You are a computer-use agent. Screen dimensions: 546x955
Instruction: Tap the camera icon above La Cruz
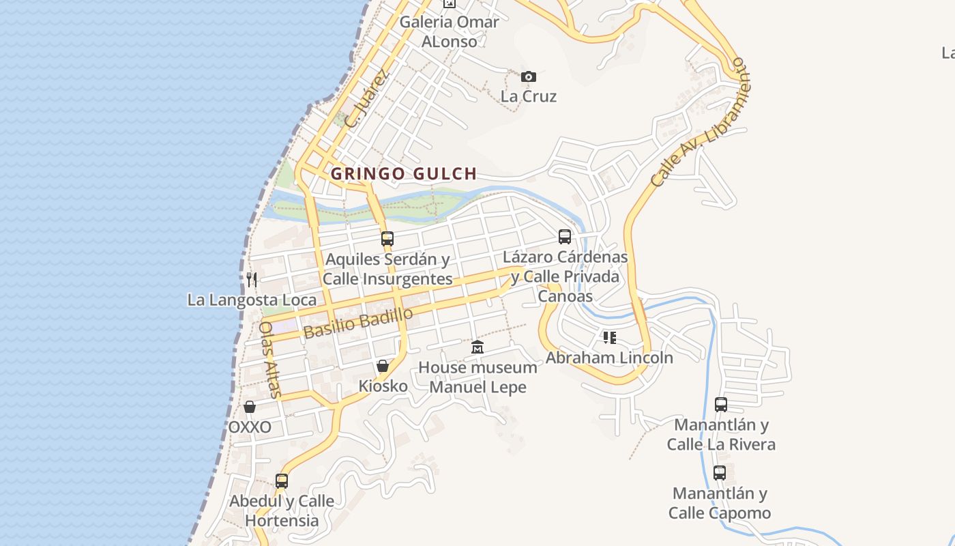click(x=529, y=76)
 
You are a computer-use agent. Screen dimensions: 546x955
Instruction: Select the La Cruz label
click(x=529, y=96)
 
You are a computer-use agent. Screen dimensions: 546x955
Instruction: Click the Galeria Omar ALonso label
click(x=449, y=31)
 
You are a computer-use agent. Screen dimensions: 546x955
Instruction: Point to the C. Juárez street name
click(x=366, y=98)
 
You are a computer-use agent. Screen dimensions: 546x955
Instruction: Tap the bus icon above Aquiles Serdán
click(x=387, y=239)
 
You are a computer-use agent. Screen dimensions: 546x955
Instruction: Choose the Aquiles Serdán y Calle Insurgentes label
click(x=387, y=269)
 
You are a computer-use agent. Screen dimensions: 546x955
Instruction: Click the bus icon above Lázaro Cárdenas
click(x=565, y=237)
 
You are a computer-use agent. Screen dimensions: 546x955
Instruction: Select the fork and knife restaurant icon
click(x=252, y=279)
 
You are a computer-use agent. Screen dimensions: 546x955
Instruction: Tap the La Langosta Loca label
click(x=252, y=300)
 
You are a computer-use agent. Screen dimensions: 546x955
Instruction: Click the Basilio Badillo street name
click(x=358, y=323)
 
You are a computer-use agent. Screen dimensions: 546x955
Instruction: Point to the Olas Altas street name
click(x=269, y=359)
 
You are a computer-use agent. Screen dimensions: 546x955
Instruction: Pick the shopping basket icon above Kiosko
click(x=383, y=366)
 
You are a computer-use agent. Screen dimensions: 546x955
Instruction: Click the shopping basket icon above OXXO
click(x=250, y=407)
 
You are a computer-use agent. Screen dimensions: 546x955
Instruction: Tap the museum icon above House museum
click(x=477, y=347)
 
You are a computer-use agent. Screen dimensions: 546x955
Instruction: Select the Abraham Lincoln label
click(x=609, y=358)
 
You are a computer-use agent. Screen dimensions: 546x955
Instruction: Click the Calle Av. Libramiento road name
click(x=700, y=123)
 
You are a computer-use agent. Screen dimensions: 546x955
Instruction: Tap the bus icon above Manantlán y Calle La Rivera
click(x=721, y=404)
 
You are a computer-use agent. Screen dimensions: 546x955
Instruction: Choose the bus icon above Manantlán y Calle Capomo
click(x=720, y=472)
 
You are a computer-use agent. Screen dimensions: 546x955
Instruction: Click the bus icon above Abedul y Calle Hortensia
click(x=282, y=480)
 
